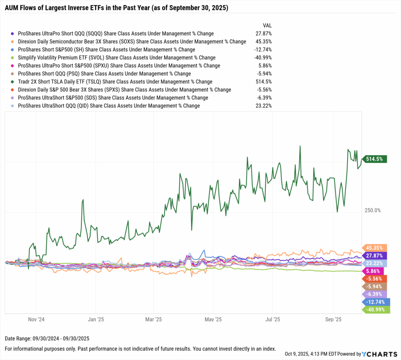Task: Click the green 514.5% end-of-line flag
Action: coord(375,159)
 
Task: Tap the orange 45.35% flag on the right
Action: coord(375,248)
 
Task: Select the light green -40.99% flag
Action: coord(376,309)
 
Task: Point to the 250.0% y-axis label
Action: coord(372,210)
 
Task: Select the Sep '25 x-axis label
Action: coord(332,319)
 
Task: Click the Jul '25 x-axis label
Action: coord(273,319)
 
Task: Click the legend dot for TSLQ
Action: coord(14,82)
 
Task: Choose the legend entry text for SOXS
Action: coord(132,42)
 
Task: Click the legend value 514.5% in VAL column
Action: coord(264,82)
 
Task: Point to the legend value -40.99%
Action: coord(262,58)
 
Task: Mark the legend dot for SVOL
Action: coord(14,58)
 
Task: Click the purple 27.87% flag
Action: coord(375,255)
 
